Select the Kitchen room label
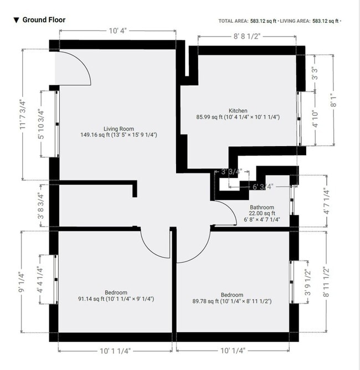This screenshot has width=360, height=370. tap(238, 111)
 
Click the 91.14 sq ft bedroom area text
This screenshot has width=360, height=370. tap(116, 299)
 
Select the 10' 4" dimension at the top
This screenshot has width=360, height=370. tap(117, 31)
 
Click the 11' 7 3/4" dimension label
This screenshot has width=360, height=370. tap(23, 115)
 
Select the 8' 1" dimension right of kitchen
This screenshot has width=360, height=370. tap(333, 100)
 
